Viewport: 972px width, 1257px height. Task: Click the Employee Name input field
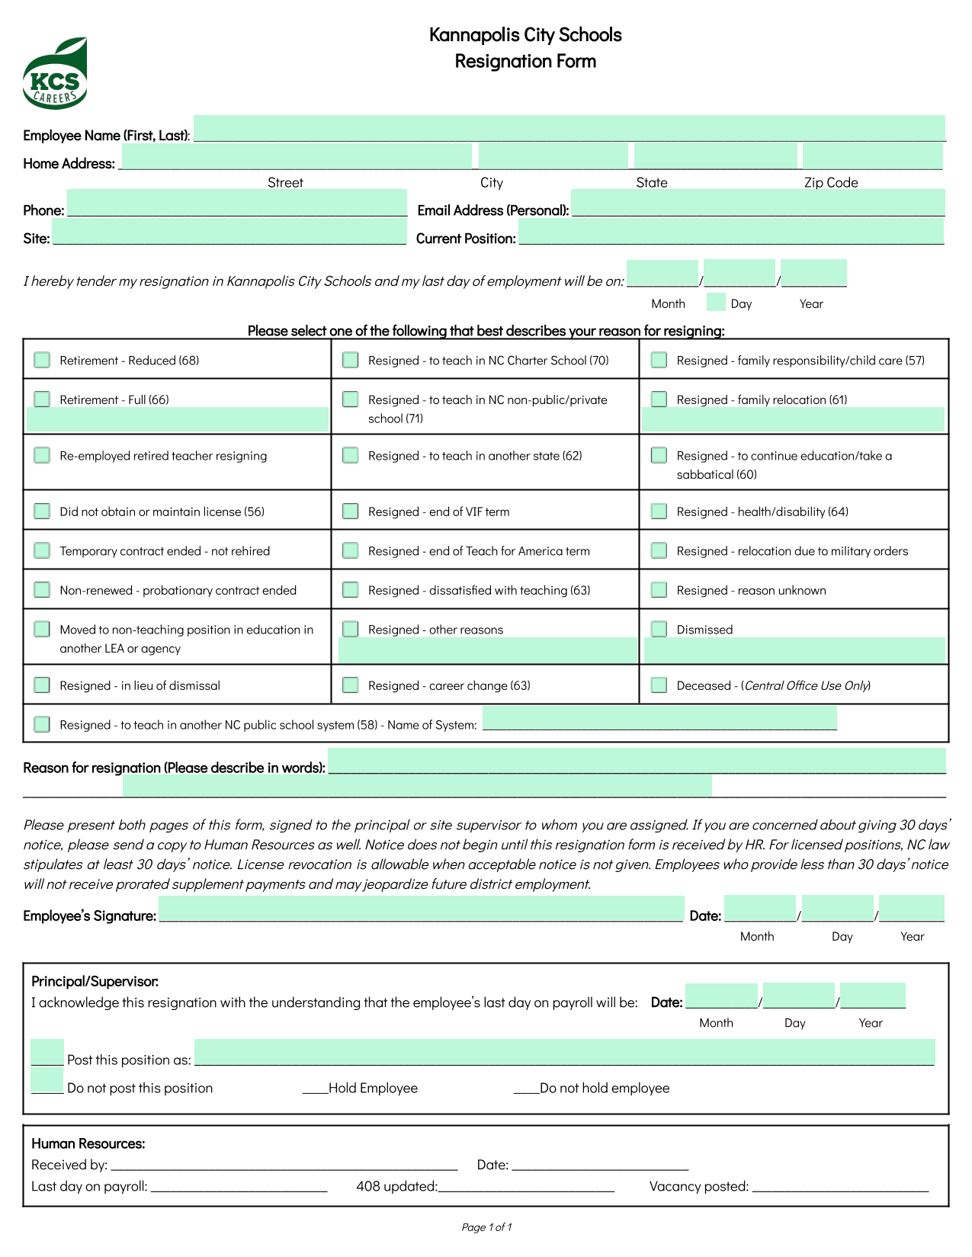pyautogui.click(x=569, y=128)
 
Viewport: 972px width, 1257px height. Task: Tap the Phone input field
pyautogui.click(x=236, y=204)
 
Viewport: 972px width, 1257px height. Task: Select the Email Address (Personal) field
pyautogui.click(x=757, y=203)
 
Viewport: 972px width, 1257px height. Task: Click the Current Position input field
pyautogui.click(x=730, y=232)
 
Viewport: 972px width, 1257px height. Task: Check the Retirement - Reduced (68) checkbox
pyautogui.click(x=42, y=360)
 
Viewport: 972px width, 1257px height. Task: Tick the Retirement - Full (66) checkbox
pyautogui.click(x=42, y=399)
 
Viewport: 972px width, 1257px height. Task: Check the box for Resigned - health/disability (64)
pyautogui.click(x=659, y=511)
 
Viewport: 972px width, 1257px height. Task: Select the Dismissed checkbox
pyautogui.click(x=659, y=629)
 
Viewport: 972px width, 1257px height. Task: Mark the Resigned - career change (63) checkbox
pyautogui.click(x=351, y=685)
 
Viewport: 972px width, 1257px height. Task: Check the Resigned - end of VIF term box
pyautogui.click(x=351, y=511)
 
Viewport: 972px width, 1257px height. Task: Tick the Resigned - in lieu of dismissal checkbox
pyautogui.click(x=42, y=685)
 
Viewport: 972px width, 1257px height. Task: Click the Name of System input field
pyautogui.click(x=659, y=718)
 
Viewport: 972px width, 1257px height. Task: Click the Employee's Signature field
pyautogui.click(x=421, y=909)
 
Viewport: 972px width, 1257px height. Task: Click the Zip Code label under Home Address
pyautogui.click(x=831, y=183)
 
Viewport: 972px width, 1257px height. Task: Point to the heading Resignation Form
pyautogui.click(x=525, y=61)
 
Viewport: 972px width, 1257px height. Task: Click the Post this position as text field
pyautogui.click(x=564, y=1052)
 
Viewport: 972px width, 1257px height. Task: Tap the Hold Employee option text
pyautogui.click(x=373, y=1089)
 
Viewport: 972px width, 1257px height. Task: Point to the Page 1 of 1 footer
pyautogui.click(x=486, y=1227)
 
